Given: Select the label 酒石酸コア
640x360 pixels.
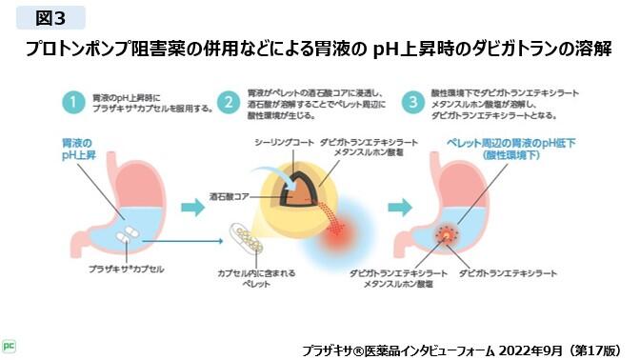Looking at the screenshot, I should click(229, 195).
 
